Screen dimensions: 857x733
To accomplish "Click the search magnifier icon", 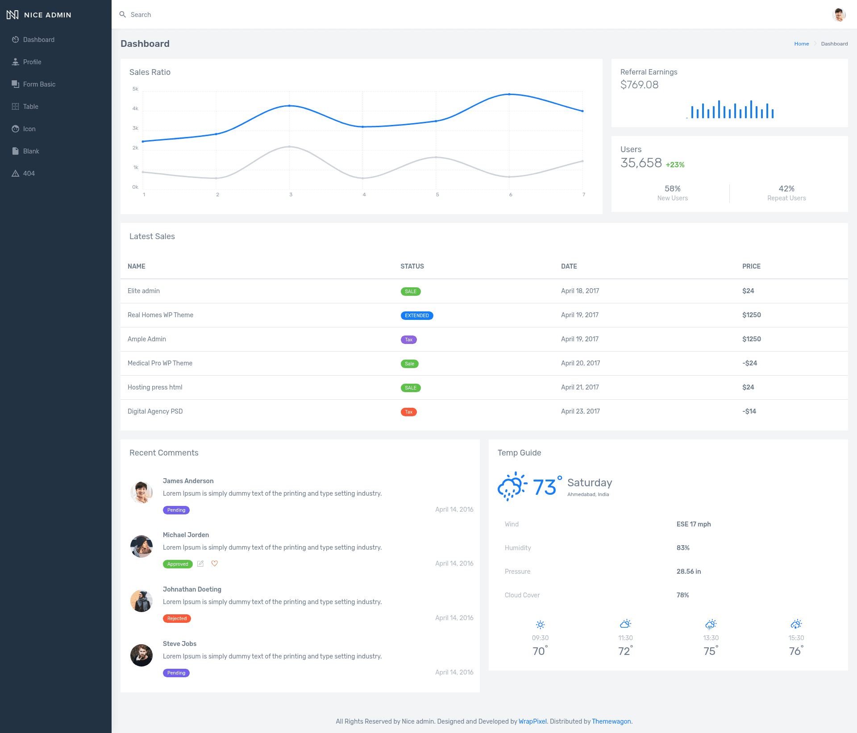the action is tap(123, 15).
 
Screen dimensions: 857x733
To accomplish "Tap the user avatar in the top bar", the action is tap(839, 15).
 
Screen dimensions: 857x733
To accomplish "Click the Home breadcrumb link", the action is tap(802, 44).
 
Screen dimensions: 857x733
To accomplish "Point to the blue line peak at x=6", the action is tap(509, 94).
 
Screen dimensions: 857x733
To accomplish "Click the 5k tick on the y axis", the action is tap(135, 89).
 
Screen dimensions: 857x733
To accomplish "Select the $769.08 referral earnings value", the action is tap(639, 85).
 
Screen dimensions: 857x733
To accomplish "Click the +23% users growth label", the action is tap(675, 165).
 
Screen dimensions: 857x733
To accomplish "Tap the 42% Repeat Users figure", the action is tap(786, 189).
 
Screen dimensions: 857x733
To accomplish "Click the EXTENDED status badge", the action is tap(417, 315).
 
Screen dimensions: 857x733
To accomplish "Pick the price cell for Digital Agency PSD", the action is tap(749, 411).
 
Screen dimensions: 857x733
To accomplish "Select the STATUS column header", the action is tap(412, 266).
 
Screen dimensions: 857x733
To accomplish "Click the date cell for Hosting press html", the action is tap(580, 387).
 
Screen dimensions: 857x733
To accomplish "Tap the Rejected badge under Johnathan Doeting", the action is tap(177, 618).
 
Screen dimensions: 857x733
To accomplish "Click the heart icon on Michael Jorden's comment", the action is tap(215, 563).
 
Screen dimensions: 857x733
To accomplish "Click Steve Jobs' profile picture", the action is tap(141, 655).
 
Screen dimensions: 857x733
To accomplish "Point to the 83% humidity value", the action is tap(683, 548).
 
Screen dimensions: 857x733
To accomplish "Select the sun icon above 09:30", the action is tap(540, 625).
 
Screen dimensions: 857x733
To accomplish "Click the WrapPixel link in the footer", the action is tap(533, 721).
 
